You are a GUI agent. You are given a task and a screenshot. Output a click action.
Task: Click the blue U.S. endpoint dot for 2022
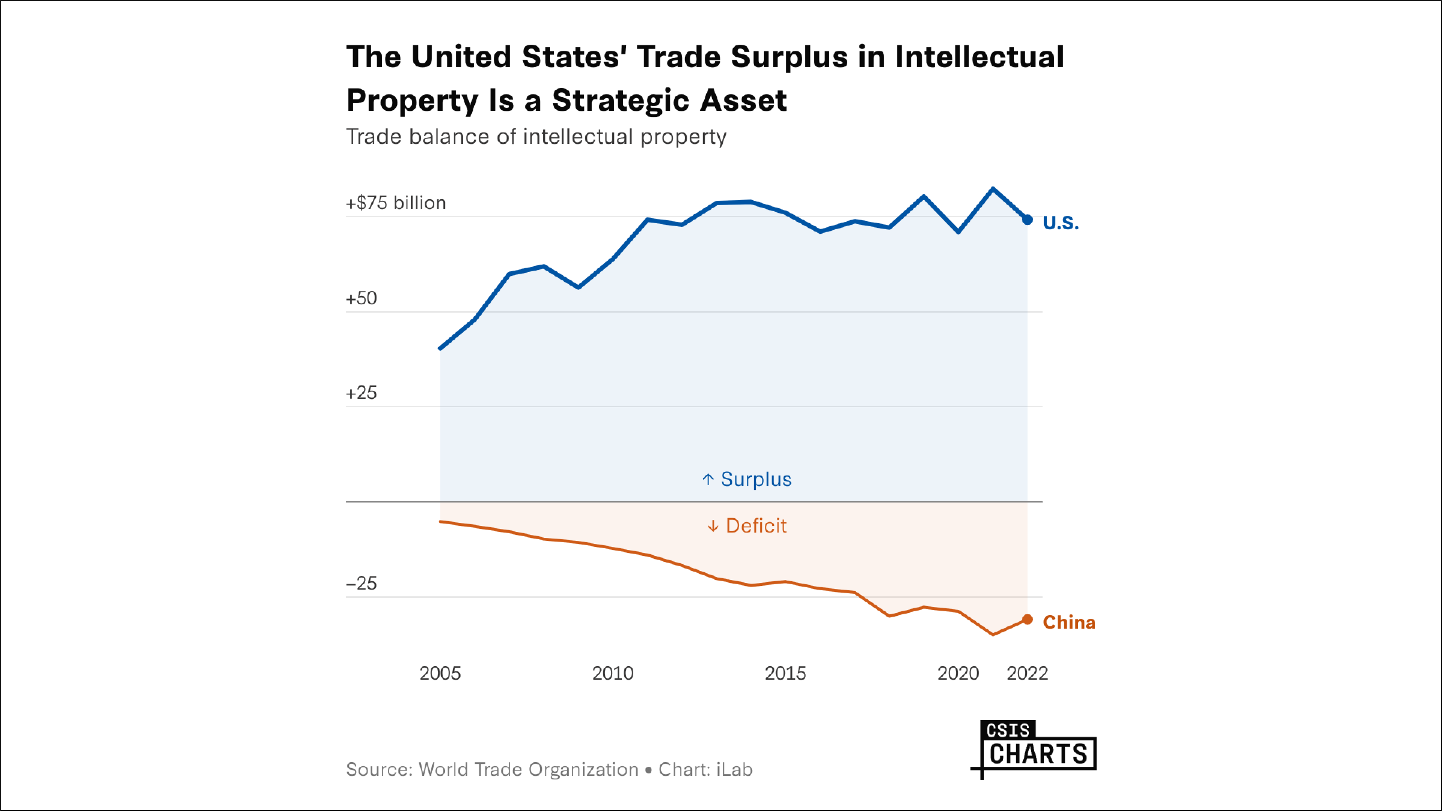[1027, 220]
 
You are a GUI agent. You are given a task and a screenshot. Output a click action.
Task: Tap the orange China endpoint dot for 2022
[1027, 620]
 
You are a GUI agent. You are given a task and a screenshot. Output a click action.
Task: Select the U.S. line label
[1060, 223]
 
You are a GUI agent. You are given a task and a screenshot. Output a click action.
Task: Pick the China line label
[1068, 622]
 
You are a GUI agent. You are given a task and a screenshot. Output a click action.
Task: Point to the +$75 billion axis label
[396, 203]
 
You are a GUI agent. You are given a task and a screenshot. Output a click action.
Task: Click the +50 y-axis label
[361, 298]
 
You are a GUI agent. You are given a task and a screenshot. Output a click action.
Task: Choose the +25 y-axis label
[361, 393]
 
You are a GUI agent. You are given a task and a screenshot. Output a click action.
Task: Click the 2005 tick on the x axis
[440, 673]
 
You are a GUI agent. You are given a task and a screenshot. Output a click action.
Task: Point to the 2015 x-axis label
[785, 673]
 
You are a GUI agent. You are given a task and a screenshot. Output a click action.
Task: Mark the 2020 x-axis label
[958, 673]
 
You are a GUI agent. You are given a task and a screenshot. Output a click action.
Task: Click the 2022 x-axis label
[1027, 673]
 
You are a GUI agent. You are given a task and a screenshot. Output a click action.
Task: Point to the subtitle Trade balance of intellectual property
[536, 137]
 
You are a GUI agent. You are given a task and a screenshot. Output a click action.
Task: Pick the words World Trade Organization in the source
[529, 770]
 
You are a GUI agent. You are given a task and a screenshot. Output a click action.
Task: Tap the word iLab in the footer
[734, 770]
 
